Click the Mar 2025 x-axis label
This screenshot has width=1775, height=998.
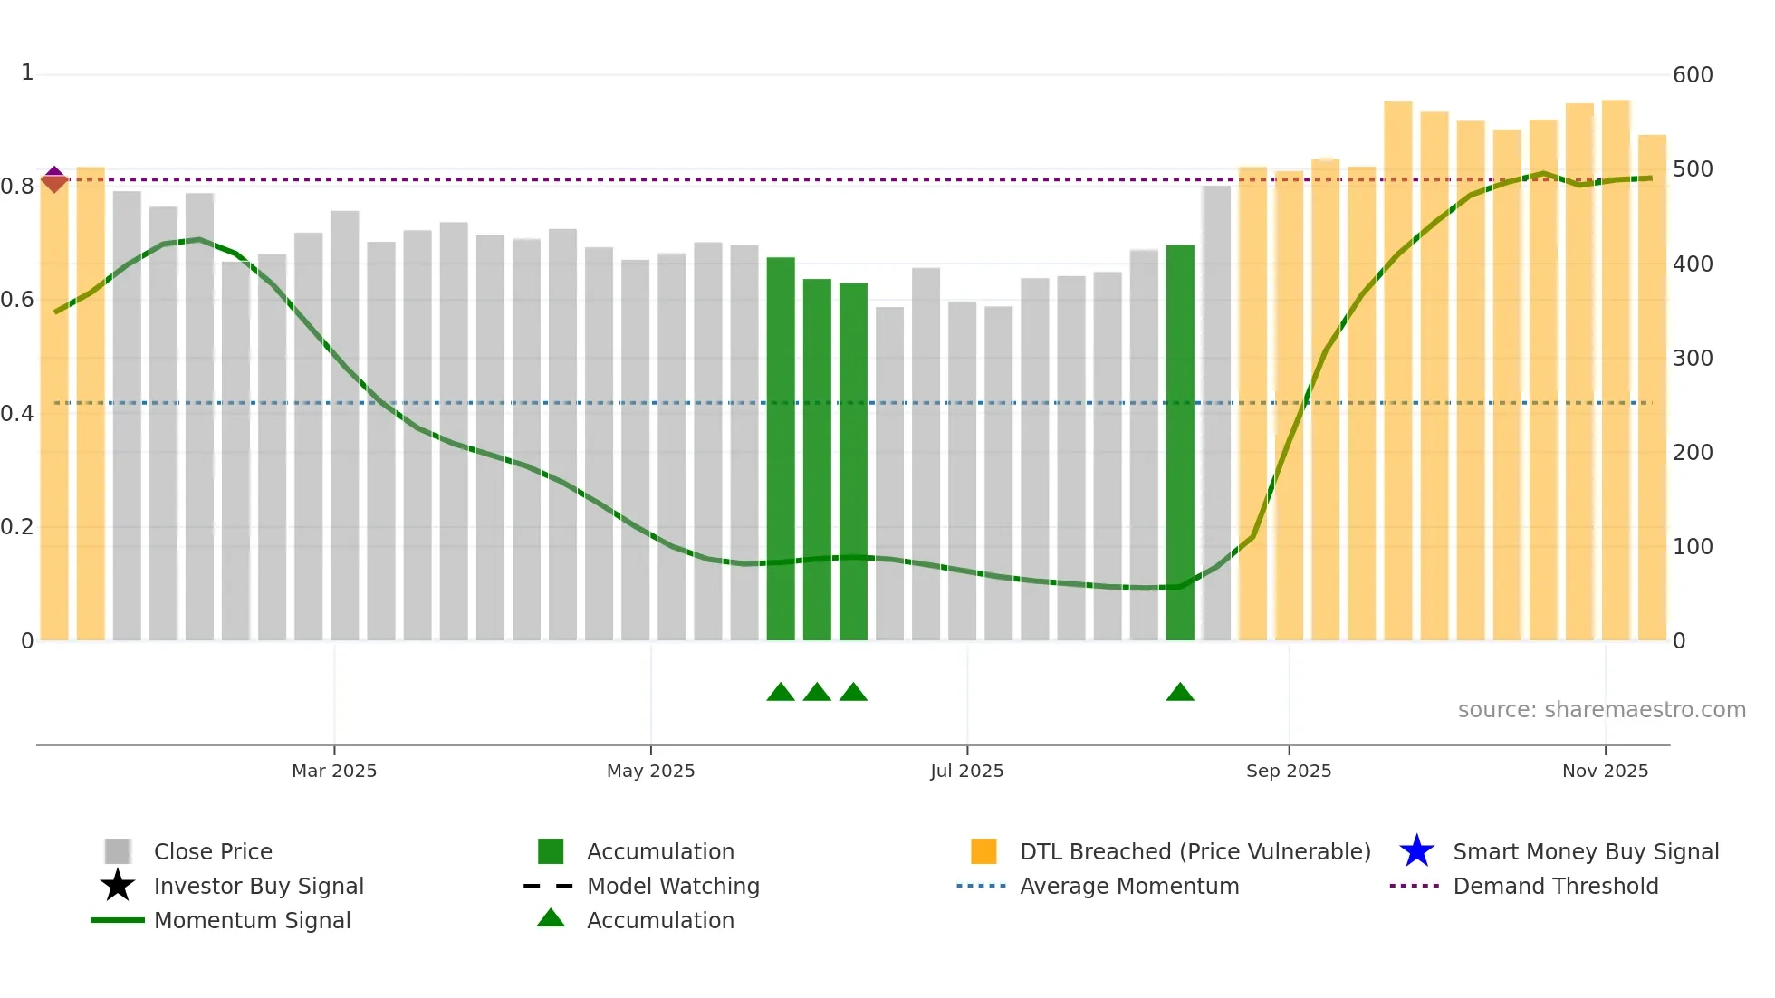point(333,771)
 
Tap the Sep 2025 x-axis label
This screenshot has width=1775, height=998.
point(1288,771)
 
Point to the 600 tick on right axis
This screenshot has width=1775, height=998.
point(1692,75)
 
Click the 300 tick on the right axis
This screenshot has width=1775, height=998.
point(1692,359)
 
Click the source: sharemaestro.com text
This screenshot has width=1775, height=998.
point(1601,710)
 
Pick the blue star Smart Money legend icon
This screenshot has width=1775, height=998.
point(1416,851)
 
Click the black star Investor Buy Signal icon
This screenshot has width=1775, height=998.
point(118,886)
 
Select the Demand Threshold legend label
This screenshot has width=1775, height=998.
point(1555,886)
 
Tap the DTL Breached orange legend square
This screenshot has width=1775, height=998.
point(983,851)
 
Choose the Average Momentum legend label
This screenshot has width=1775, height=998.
point(1128,886)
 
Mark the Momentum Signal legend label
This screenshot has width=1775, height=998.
point(252,920)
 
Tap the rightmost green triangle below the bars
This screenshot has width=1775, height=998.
point(1180,693)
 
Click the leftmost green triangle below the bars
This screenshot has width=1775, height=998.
point(781,693)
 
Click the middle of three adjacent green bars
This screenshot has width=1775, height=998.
point(817,459)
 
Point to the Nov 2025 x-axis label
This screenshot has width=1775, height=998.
point(1605,771)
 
